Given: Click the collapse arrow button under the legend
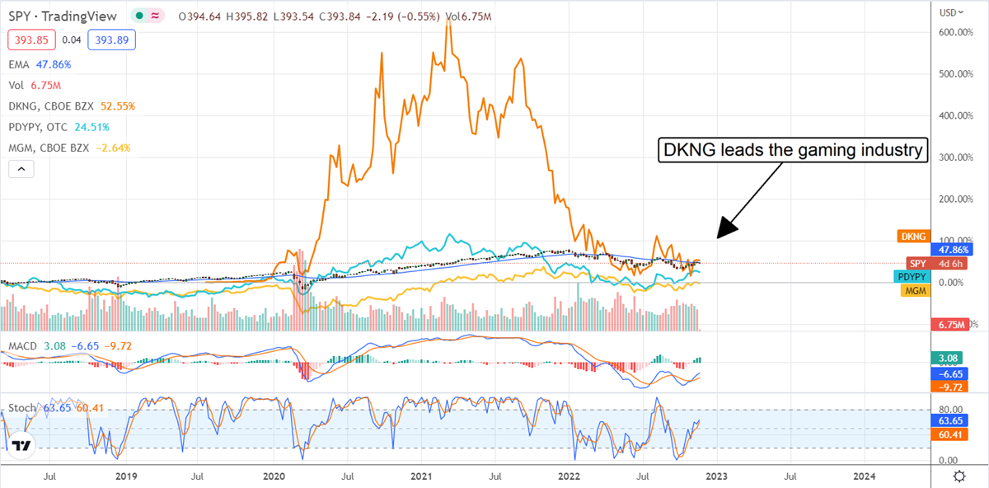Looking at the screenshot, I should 21,171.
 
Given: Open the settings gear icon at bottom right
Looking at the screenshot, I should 959,476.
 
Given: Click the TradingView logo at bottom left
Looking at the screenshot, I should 22,446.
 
